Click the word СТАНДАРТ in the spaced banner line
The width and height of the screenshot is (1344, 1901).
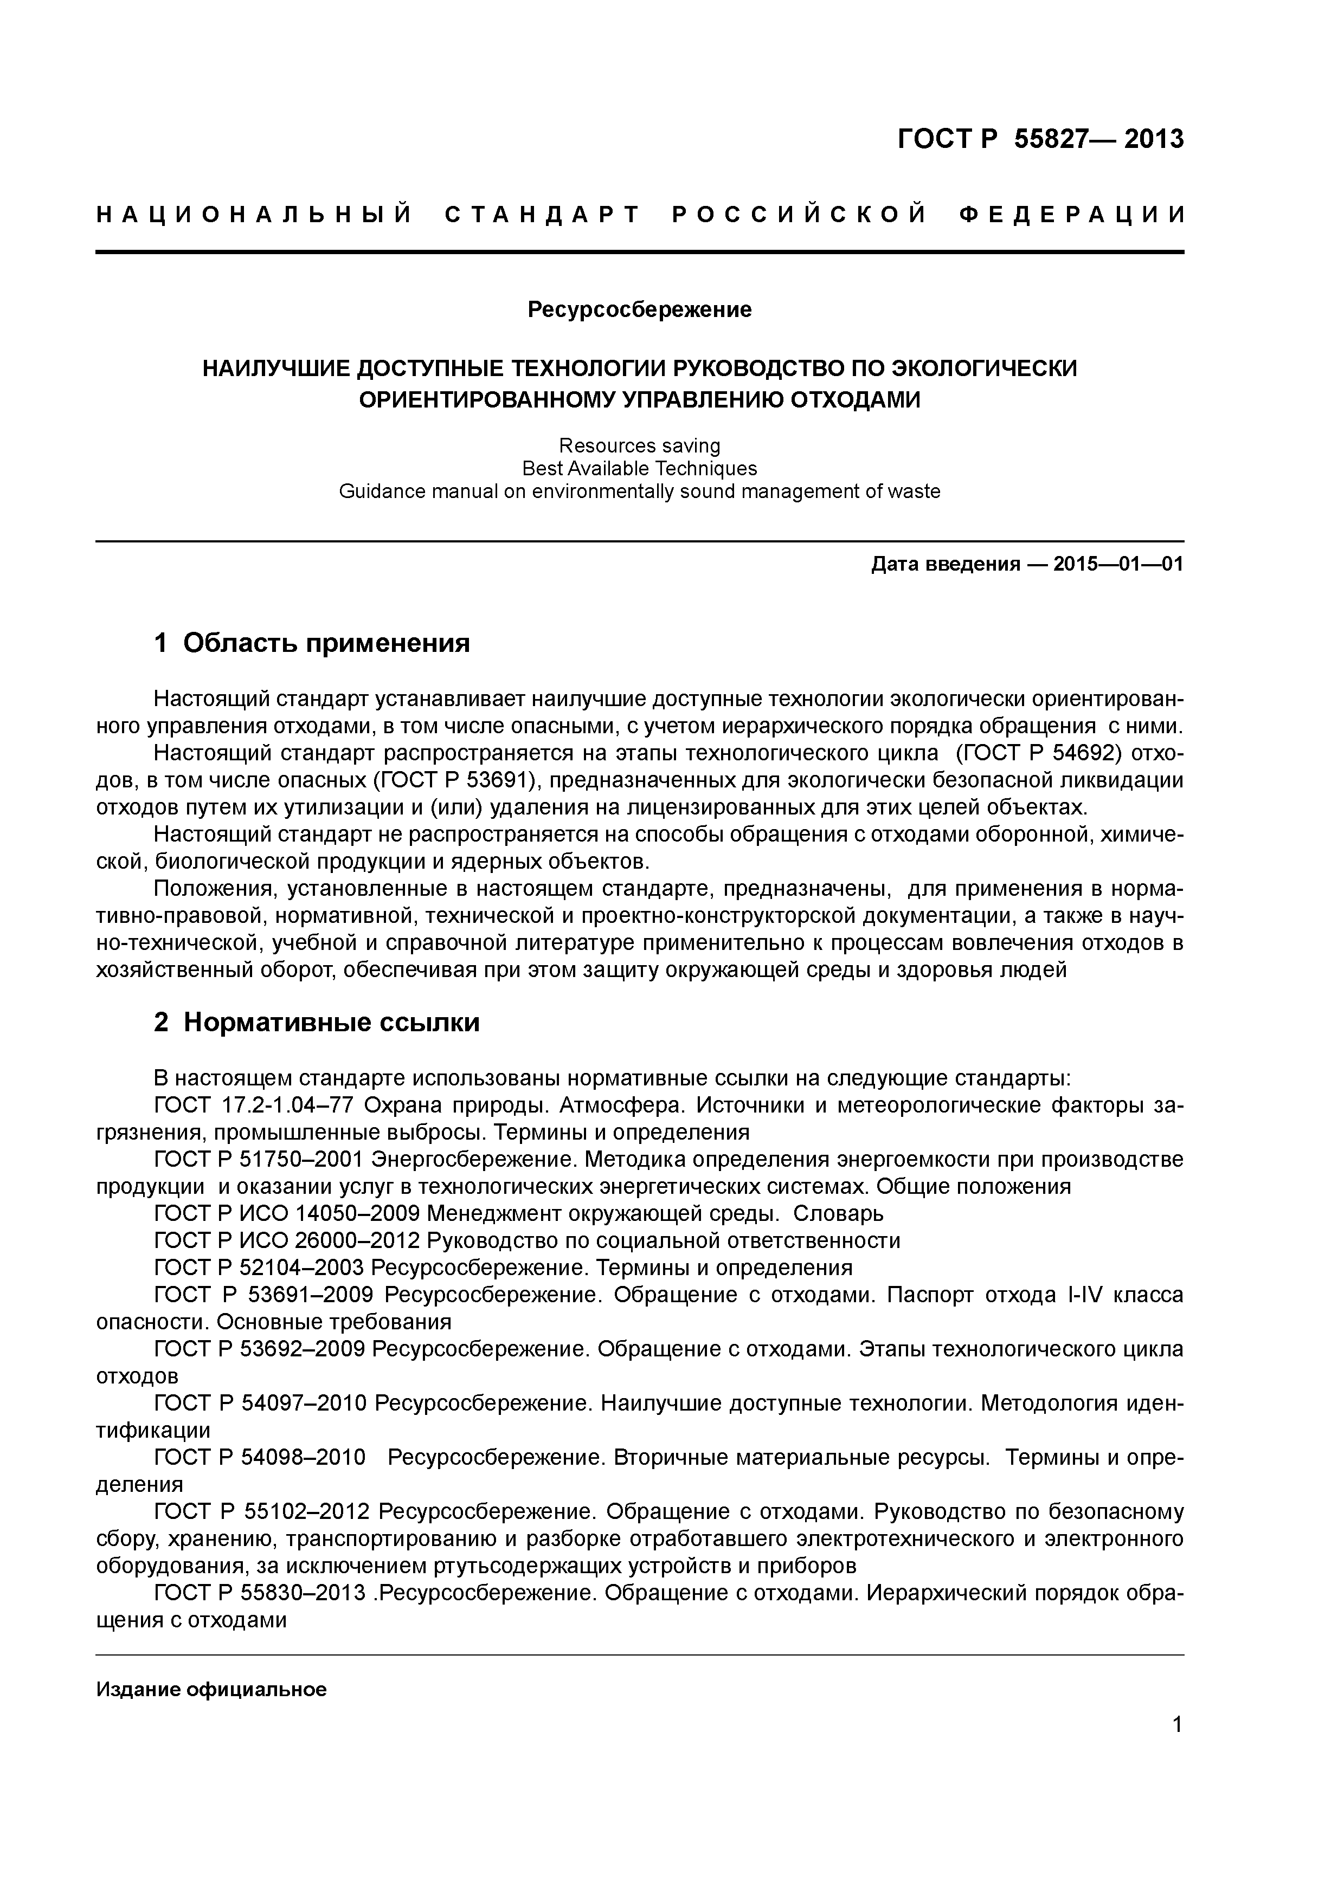tap(542, 215)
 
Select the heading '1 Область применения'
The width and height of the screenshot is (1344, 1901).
tap(312, 643)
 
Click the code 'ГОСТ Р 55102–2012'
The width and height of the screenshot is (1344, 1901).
tap(262, 1512)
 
